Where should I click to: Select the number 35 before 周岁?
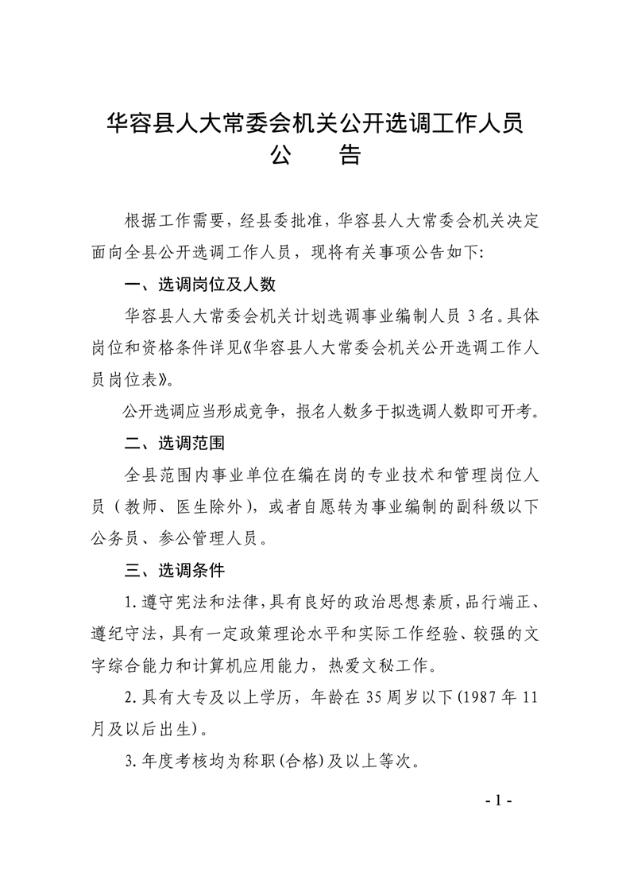click(x=375, y=699)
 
